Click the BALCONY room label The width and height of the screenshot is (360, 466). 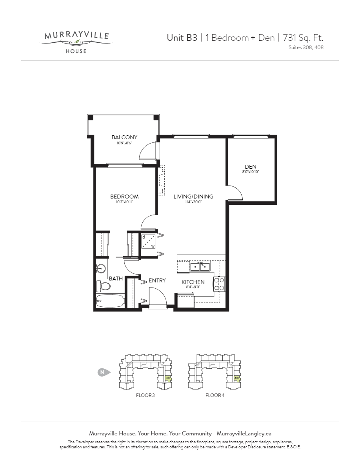[x=124, y=137]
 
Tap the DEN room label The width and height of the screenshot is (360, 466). [x=251, y=167]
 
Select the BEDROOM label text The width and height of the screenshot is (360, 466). [x=124, y=197]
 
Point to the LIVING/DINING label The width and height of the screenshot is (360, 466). [x=193, y=197]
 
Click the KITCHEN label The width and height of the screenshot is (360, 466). [x=193, y=282]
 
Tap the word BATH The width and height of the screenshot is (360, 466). [x=116, y=279]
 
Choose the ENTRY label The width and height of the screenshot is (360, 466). [x=157, y=280]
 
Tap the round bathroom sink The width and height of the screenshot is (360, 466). [x=102, y=269]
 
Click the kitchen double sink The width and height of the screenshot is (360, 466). [x=200, y=267]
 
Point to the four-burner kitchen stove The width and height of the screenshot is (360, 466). [x=219, y=284]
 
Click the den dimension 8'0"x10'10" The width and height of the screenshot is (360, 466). [x=251, y=172]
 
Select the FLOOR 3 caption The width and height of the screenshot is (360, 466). [x=145, y=395]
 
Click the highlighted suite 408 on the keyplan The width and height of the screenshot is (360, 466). [x=237, y=379]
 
